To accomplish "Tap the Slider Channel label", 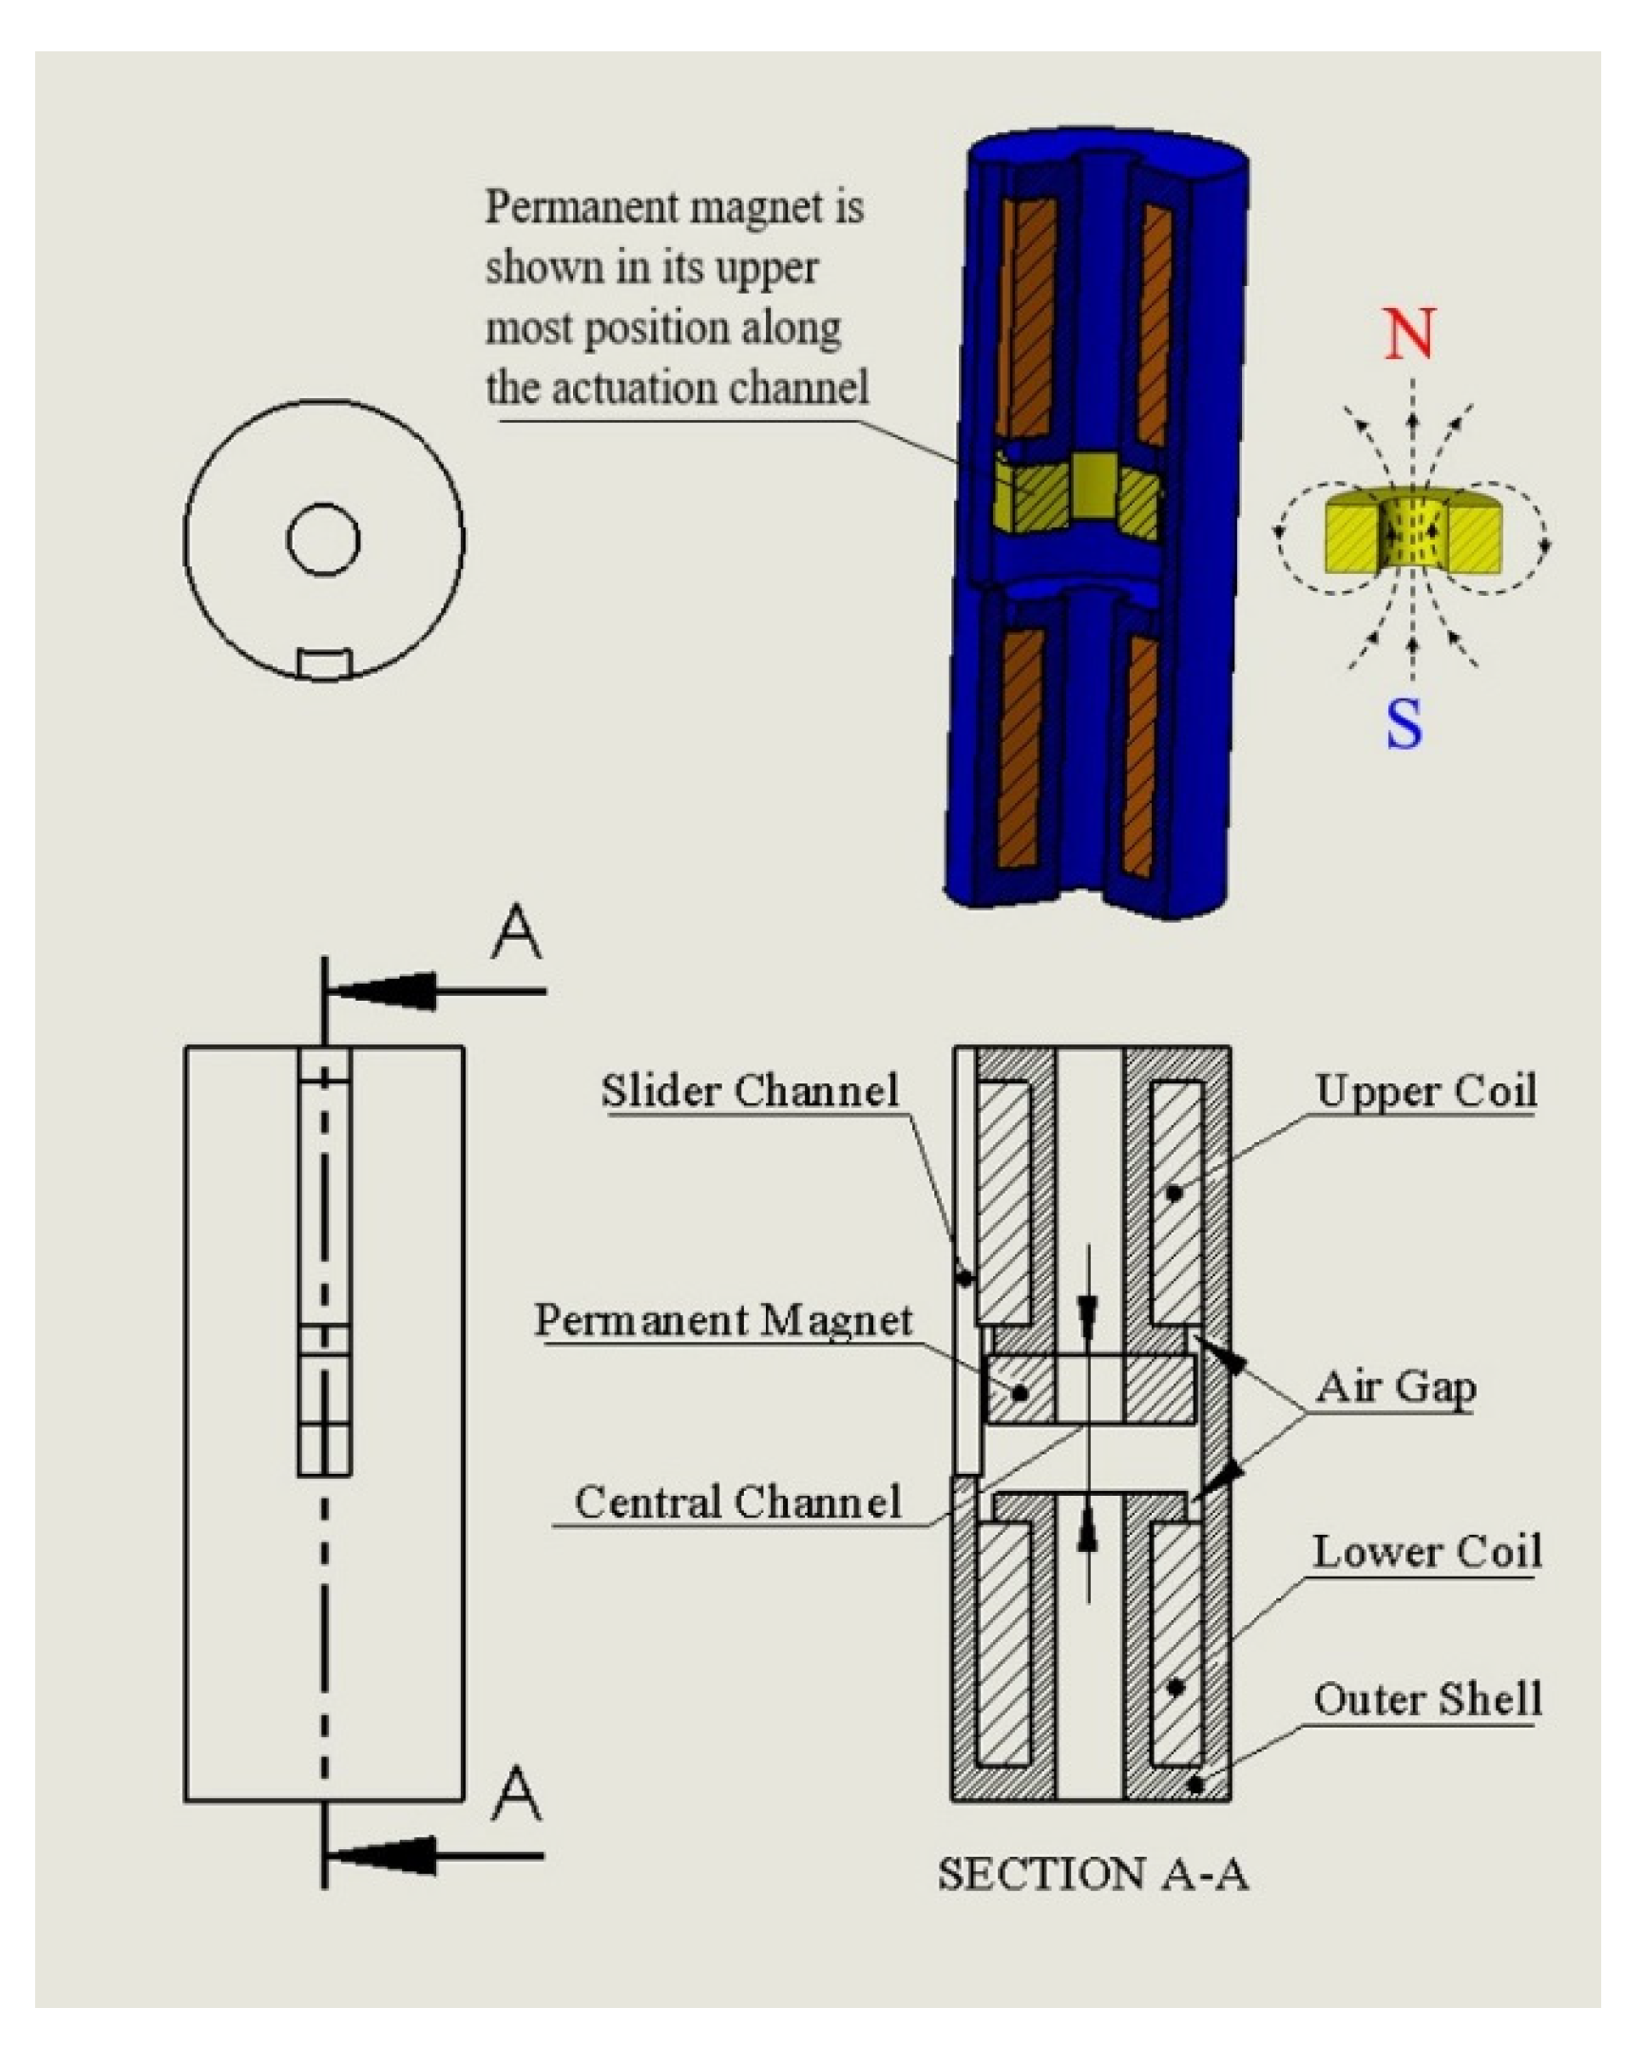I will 749,1091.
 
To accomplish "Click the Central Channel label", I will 737,1501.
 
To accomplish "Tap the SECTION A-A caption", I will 1092,1874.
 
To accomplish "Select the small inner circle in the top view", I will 323,540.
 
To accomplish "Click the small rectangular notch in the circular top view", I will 324,663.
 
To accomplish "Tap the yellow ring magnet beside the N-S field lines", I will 1412,537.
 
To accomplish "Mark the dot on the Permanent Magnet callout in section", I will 1021,1394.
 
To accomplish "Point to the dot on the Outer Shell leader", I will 1195,1786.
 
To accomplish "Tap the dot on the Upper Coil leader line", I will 1175,1193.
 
